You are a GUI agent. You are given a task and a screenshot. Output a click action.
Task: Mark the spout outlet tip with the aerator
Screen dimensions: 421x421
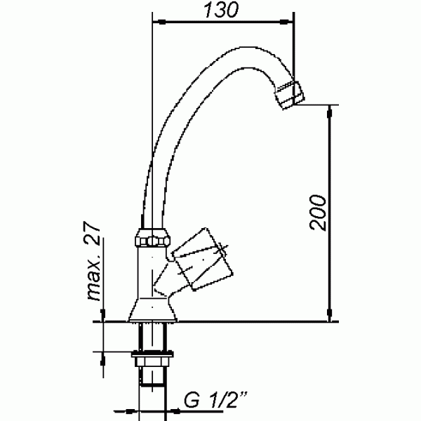tap(289, 95)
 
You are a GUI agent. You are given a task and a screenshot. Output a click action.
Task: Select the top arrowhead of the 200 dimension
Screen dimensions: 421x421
tap(330, 110)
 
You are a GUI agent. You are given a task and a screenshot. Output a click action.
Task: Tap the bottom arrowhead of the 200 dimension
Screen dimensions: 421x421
tap(330, 317)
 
